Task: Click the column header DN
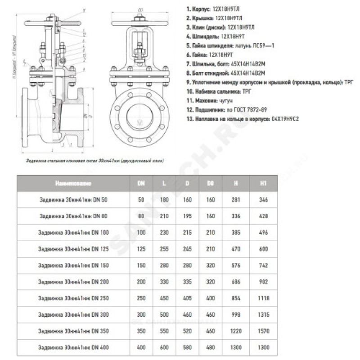141,183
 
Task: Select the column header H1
264,183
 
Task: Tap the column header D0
210,183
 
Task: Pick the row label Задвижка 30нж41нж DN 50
72,199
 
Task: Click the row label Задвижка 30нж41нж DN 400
73,348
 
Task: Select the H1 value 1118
264,298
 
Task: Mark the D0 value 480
210,348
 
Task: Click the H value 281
236,199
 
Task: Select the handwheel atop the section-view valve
52,19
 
